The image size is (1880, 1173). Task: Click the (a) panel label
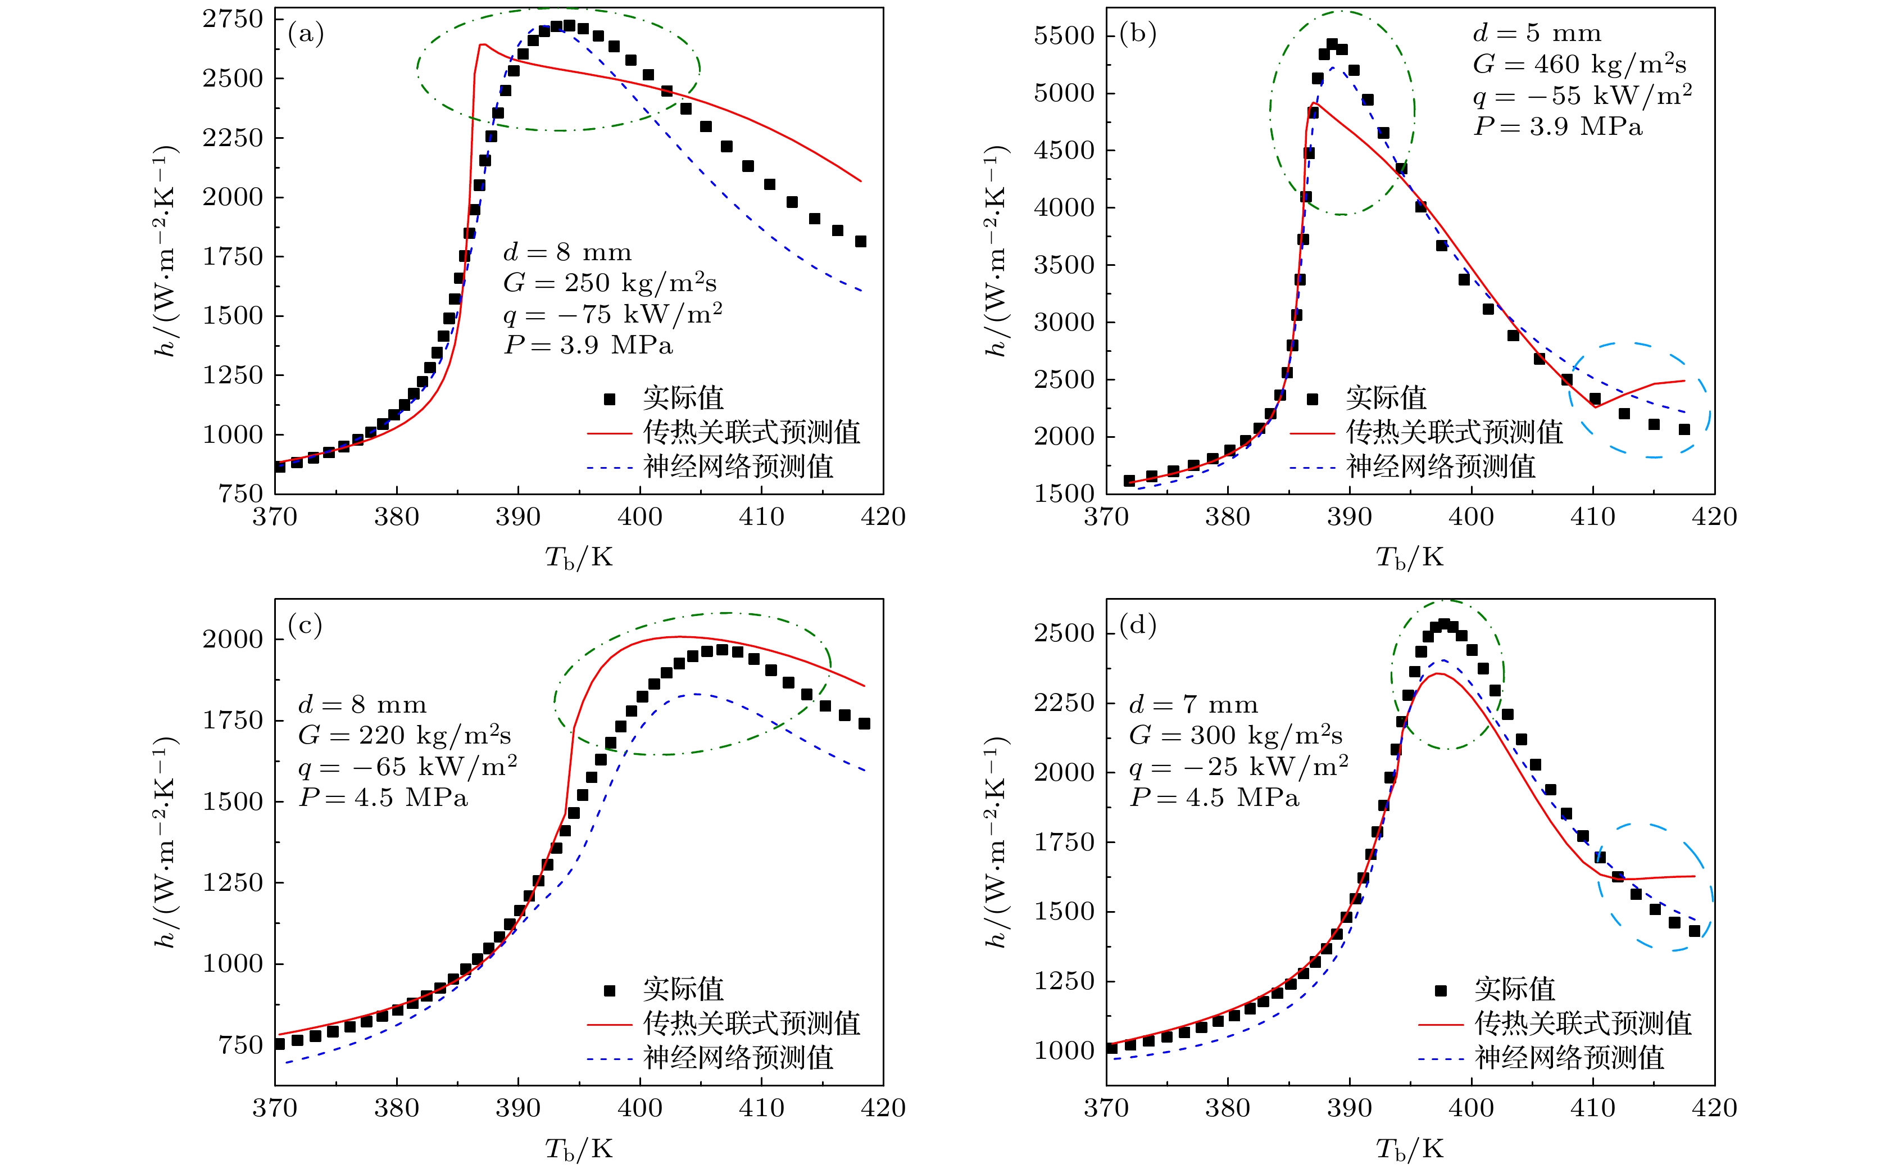point(306,34)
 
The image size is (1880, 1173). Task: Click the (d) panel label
point(1138,626)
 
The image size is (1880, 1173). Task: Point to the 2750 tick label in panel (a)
point(233,20)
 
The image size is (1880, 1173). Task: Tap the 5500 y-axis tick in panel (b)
point(1064,35)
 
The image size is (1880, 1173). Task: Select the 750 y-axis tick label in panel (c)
point(240,1046)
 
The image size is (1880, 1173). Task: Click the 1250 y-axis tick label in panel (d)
point(1064,981)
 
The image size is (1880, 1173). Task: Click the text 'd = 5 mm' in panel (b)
point(1536,33)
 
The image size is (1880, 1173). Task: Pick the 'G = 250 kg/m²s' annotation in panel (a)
point(610,283)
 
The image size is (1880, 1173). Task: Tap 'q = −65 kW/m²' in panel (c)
point(408,767)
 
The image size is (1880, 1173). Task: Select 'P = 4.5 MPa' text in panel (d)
point(1214,798)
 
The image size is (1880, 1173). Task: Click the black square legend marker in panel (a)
point(610,398)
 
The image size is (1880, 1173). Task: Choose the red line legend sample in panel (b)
point(1313,433)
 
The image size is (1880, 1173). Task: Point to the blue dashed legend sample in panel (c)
point(610,1058)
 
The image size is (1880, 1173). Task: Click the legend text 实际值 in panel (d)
point(1514,990)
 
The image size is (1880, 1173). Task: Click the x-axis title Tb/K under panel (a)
point(579,558)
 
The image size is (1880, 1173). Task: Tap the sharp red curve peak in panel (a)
point(482,45)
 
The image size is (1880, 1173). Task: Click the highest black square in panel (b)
point(1332,44)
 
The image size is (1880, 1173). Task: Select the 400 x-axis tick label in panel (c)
point(640,1108)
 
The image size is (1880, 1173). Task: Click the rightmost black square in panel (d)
point(1694,931)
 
